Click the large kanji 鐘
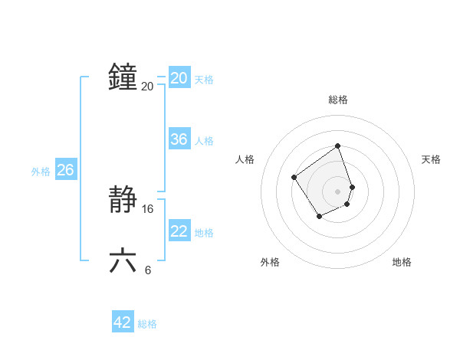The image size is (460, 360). point(123,77)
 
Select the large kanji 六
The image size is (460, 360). point(123,260)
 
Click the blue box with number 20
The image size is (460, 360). point(179,78)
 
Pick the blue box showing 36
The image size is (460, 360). point(179,139)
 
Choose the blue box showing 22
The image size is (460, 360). point(179,231)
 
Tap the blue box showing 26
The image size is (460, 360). point(65,170)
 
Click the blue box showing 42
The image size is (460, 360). point(123,322)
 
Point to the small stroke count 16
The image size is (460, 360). point(148,208)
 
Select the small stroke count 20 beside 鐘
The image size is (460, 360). point(147,86)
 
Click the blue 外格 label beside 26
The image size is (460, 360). point(41,172)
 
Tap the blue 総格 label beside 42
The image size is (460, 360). point(147,324)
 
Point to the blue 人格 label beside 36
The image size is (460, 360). point(204,141)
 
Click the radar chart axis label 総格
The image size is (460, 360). point(338,100)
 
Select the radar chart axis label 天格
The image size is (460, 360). point(431,159)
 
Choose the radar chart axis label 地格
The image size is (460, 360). point(402,262)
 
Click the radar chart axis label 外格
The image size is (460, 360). point(270,262)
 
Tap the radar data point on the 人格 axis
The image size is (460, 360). point(294,178)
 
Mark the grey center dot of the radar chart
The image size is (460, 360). point(338,191)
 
